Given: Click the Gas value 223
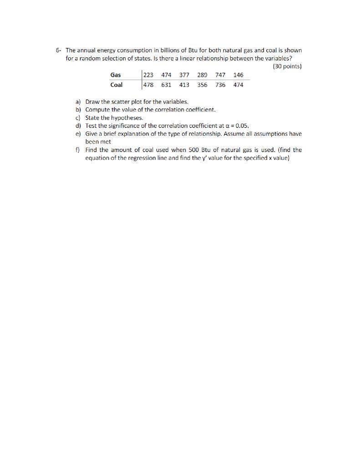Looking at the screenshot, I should pos(149,75).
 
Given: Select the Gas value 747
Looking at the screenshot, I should pos(221,75).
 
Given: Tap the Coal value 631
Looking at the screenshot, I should pos(167,85).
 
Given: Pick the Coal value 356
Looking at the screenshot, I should pos(203,85).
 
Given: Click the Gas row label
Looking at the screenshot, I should pos(116,75).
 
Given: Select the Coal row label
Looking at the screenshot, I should pos(117,85).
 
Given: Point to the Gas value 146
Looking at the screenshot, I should pos(238,75).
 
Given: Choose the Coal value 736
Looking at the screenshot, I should pos(221,85).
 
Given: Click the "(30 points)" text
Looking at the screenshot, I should pos(287,66).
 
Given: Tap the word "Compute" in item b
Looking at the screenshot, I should pos(97,110).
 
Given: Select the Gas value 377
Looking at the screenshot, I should pos(185,75).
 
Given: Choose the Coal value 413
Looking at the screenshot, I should pos(185,85).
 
